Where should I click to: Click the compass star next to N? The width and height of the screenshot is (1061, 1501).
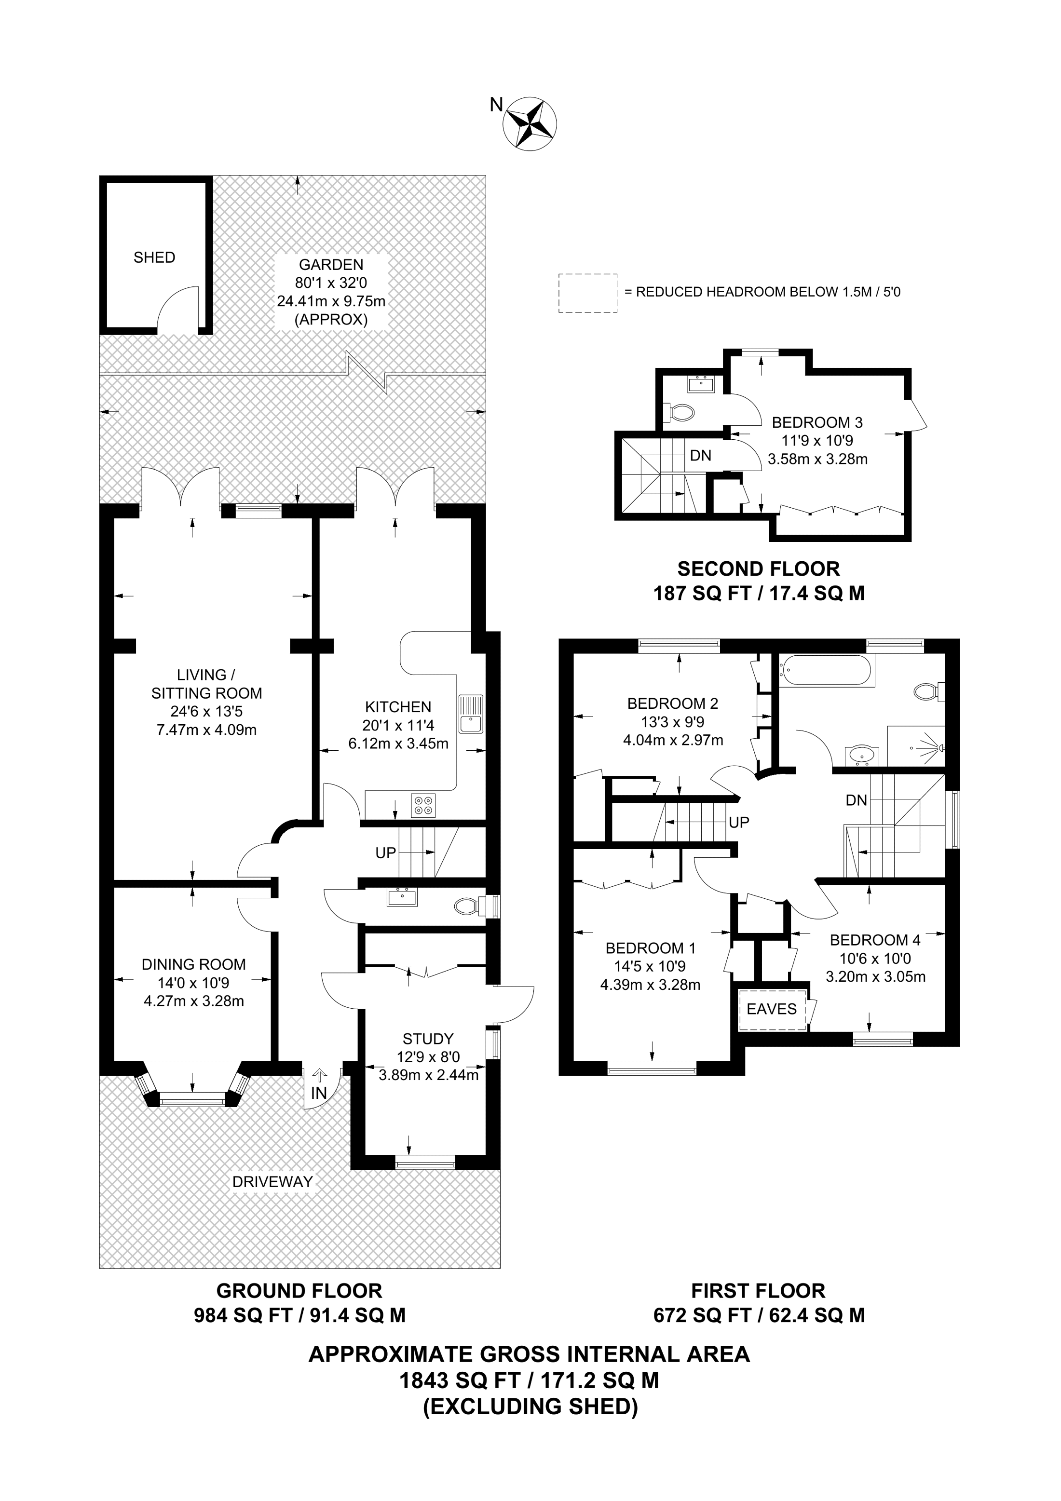coord(530,124)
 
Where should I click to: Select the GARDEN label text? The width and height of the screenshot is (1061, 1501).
coord(331,265)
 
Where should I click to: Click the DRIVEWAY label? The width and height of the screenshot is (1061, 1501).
coord(272,1181)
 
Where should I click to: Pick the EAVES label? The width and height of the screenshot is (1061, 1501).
coord(772,1009)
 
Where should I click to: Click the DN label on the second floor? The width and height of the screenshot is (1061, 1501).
coord(701,456)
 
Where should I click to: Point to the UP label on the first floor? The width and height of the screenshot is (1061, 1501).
coord(739,823)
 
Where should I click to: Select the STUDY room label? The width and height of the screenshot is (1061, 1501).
coord(428,1039)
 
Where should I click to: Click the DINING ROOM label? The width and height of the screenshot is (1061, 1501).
coord(193,964)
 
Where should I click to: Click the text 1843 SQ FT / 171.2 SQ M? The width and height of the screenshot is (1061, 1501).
coord(530,1381)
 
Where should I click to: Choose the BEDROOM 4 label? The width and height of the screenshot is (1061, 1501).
coord(875,940)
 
